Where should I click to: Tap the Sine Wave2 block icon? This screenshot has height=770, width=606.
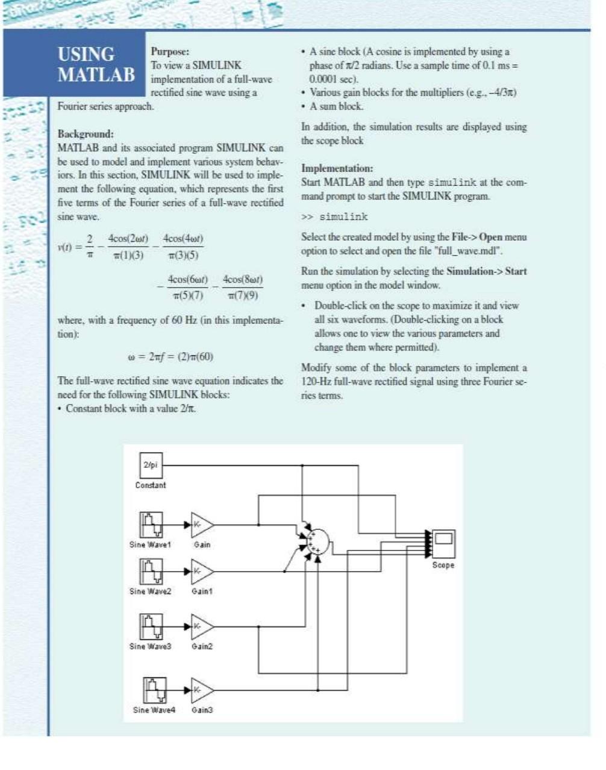tap(151, 572)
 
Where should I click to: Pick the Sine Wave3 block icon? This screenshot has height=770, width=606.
tap(151, 626)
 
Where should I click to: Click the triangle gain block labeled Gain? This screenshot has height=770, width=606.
tap(201, 525)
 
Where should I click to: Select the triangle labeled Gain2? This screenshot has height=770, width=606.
tap(201, 626)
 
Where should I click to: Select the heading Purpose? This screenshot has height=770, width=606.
tap(169, 52)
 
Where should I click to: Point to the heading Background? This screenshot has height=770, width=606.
tap(86, 133)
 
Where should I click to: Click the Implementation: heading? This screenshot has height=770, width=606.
tap(337, 168)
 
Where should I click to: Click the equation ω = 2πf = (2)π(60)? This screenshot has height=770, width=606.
tap(170, 356)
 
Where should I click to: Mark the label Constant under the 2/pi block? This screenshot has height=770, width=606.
tap(151, 485)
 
